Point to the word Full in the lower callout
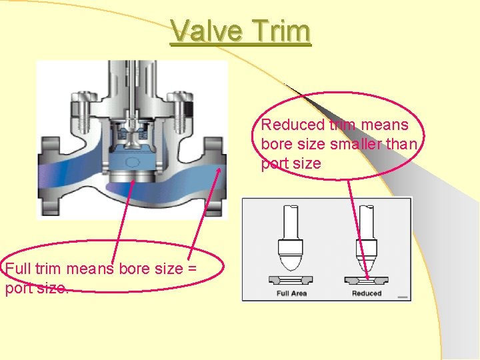click(17, 269)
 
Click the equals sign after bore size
click(190, 269)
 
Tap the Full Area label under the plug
click(291, 293)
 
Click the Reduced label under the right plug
click(366, 293)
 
